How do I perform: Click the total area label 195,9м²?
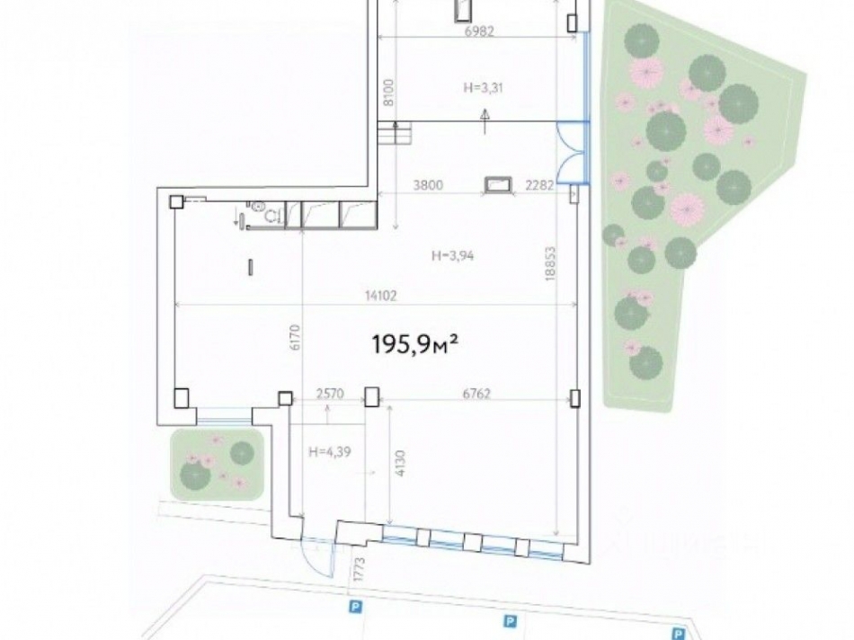click(x=415, y=342)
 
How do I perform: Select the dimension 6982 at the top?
click(x=480, y=31)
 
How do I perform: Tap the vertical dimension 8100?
click(x=388, y=92)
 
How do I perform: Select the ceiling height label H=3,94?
click(x=452, y=255)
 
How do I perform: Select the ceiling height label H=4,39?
click(x=328, y=451)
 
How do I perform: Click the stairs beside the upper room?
click(x=396, y=135)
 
